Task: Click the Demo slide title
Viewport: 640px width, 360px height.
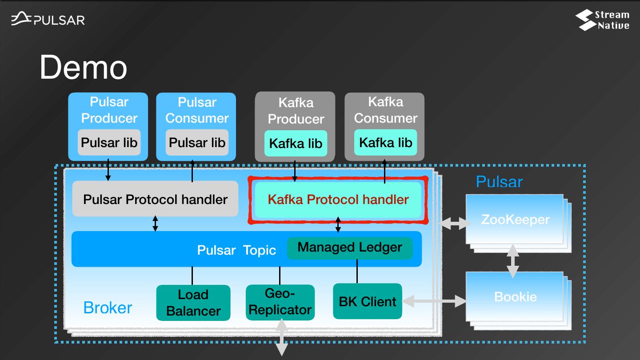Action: click(x=84, y=68)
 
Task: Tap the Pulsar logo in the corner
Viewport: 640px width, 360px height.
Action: click(x=48, y=20)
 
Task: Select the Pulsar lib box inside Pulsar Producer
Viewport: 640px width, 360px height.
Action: click(x=109, y=143)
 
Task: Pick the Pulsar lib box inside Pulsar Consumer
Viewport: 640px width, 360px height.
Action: click(x=197, y=143)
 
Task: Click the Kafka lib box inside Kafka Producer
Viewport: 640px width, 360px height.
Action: click(x=296, y=144)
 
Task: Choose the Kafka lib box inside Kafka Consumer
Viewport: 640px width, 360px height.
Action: click(x=385, y=143)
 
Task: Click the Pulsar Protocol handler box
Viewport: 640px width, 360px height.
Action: click(x=155, y=199)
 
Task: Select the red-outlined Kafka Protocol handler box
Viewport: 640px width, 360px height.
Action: click(x=338, y=200)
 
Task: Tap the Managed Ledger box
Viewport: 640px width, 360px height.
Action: click(x=350, y=248)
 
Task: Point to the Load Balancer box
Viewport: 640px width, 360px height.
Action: click(x=193, y=303)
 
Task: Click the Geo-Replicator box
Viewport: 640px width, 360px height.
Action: click(x=280, y=302)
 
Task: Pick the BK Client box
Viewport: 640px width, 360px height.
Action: click(x=367, y=301)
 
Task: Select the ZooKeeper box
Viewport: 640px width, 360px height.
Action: click(x=515, y=219)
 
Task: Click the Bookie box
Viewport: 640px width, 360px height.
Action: click(x=515, y=296)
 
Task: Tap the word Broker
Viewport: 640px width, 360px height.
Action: click(x=108, y=308)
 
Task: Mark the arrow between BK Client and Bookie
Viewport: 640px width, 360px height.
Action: click(x=434, y=302)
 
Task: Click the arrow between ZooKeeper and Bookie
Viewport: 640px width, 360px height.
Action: click(x=513, y=261)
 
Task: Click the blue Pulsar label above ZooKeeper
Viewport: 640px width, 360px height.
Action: click(x=499, y=182)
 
